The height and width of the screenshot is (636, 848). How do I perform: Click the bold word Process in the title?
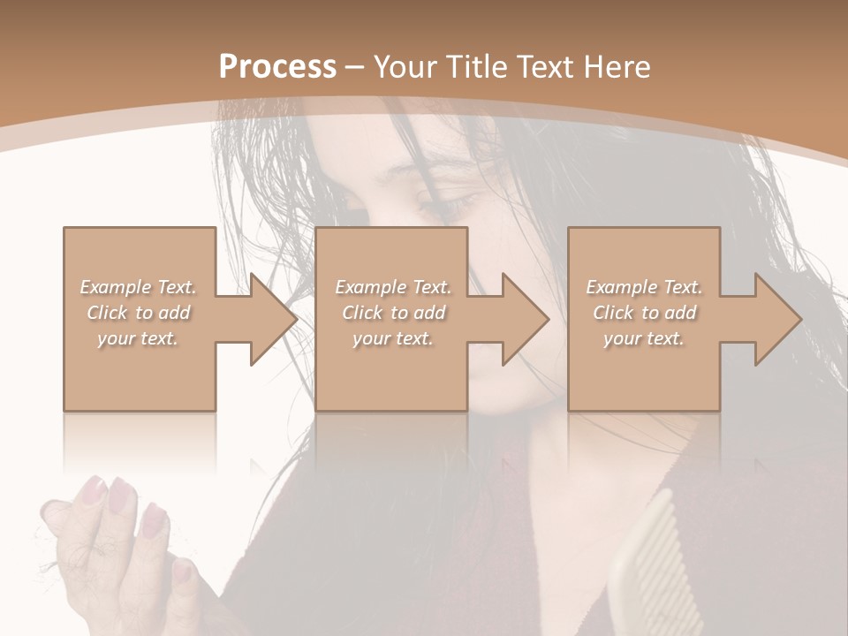[x=277, y=66]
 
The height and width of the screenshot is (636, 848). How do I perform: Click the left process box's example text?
[x=138, y=313]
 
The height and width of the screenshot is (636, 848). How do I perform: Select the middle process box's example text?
[x=392, y=313]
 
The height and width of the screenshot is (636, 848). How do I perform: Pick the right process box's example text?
[x=644, y=313]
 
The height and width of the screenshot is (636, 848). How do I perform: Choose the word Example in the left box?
[x=115, y=287]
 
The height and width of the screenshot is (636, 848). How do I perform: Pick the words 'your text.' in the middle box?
[x=392, y=338]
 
